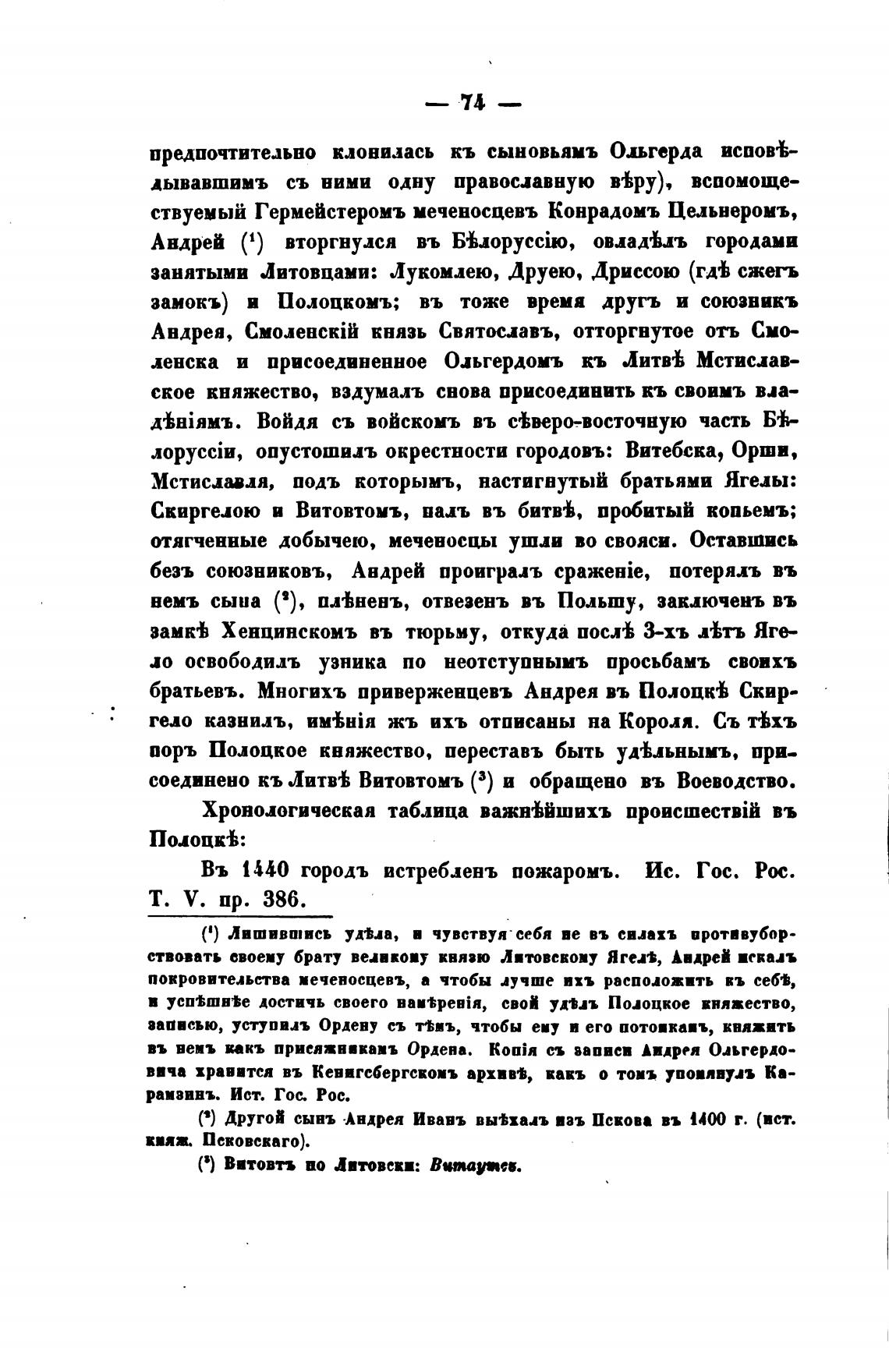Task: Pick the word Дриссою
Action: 639,271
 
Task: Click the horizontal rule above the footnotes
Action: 241,917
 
